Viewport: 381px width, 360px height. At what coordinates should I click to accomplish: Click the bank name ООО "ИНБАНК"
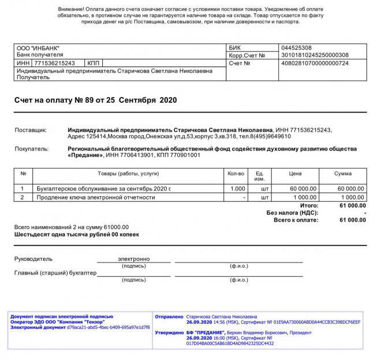38,47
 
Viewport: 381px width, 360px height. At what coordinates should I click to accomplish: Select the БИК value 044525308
296,47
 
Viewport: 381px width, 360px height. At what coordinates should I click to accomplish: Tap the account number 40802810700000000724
315,63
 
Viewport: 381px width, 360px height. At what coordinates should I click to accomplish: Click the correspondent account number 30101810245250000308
315,55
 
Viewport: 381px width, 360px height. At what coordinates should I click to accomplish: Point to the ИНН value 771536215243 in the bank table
55,63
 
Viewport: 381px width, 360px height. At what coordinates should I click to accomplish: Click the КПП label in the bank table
94,63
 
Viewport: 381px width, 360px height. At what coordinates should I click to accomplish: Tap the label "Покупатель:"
31,149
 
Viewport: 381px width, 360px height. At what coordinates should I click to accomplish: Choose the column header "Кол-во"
237,174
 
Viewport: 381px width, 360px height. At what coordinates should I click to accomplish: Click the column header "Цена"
295,174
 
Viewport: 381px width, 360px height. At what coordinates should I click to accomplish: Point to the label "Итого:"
309,205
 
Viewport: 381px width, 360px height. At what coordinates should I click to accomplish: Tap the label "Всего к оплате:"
296,220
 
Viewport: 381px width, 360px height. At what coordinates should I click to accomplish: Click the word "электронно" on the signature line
134,259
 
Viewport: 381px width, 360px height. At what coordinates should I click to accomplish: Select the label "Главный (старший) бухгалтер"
55,273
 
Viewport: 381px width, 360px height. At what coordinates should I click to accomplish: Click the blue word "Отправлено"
169,317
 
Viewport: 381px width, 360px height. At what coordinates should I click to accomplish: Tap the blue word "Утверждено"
169,333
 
